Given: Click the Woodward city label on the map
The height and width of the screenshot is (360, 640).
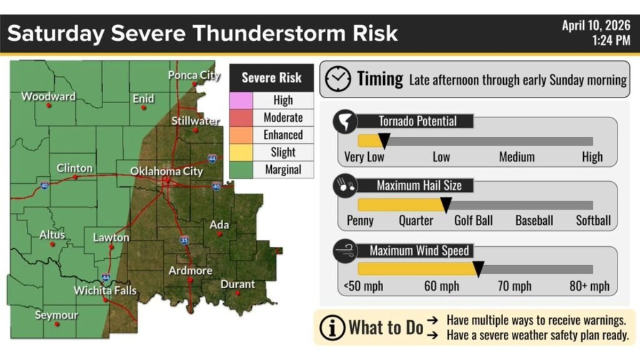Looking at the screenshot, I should pos(48,96).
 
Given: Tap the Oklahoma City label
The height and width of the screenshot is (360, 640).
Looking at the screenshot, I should pos(166,171).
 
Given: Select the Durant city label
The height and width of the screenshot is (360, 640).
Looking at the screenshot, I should pos(237,284).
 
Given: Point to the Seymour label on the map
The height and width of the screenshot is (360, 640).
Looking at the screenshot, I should pos(56,315).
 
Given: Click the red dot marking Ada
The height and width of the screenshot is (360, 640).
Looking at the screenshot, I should pos(219,234).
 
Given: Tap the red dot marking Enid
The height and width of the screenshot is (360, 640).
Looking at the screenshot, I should pos(144,107).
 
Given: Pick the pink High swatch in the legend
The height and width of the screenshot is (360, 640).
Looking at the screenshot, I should pos(241,100).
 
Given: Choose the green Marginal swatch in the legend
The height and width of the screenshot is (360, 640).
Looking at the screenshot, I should pos(241,169).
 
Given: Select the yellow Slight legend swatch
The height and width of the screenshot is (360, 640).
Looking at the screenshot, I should pos(241,152).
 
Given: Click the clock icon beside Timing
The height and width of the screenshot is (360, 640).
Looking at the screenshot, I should pos(338,79).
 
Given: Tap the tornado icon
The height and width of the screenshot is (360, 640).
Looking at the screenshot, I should pos(345,122).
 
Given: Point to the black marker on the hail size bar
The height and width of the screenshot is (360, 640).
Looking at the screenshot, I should pos(446,204).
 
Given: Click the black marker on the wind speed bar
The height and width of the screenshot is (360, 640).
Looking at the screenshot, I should pos(478,269).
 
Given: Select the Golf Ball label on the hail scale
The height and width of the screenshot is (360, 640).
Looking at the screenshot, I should pos(473,221).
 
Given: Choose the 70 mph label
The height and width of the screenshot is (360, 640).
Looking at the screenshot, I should pos(514,287).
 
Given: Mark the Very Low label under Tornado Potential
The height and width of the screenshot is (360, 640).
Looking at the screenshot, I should pos(364,157).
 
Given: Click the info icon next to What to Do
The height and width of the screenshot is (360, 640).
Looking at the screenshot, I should pos(331,327).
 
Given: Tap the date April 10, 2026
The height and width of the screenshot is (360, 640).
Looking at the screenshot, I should pos(596,26).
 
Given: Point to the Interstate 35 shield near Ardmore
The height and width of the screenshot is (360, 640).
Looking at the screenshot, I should pos(184,239).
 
